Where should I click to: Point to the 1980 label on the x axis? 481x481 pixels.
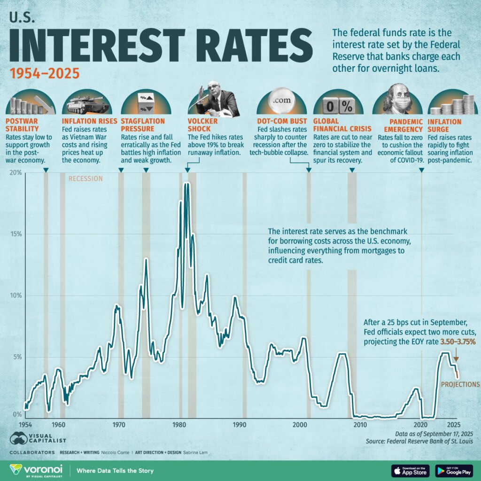179,425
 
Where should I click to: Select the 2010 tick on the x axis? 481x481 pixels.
360,425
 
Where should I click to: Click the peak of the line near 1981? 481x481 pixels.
186,184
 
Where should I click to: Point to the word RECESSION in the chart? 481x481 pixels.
85,178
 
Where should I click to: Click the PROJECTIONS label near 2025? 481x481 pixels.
460,384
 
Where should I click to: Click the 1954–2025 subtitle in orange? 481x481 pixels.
44,74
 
